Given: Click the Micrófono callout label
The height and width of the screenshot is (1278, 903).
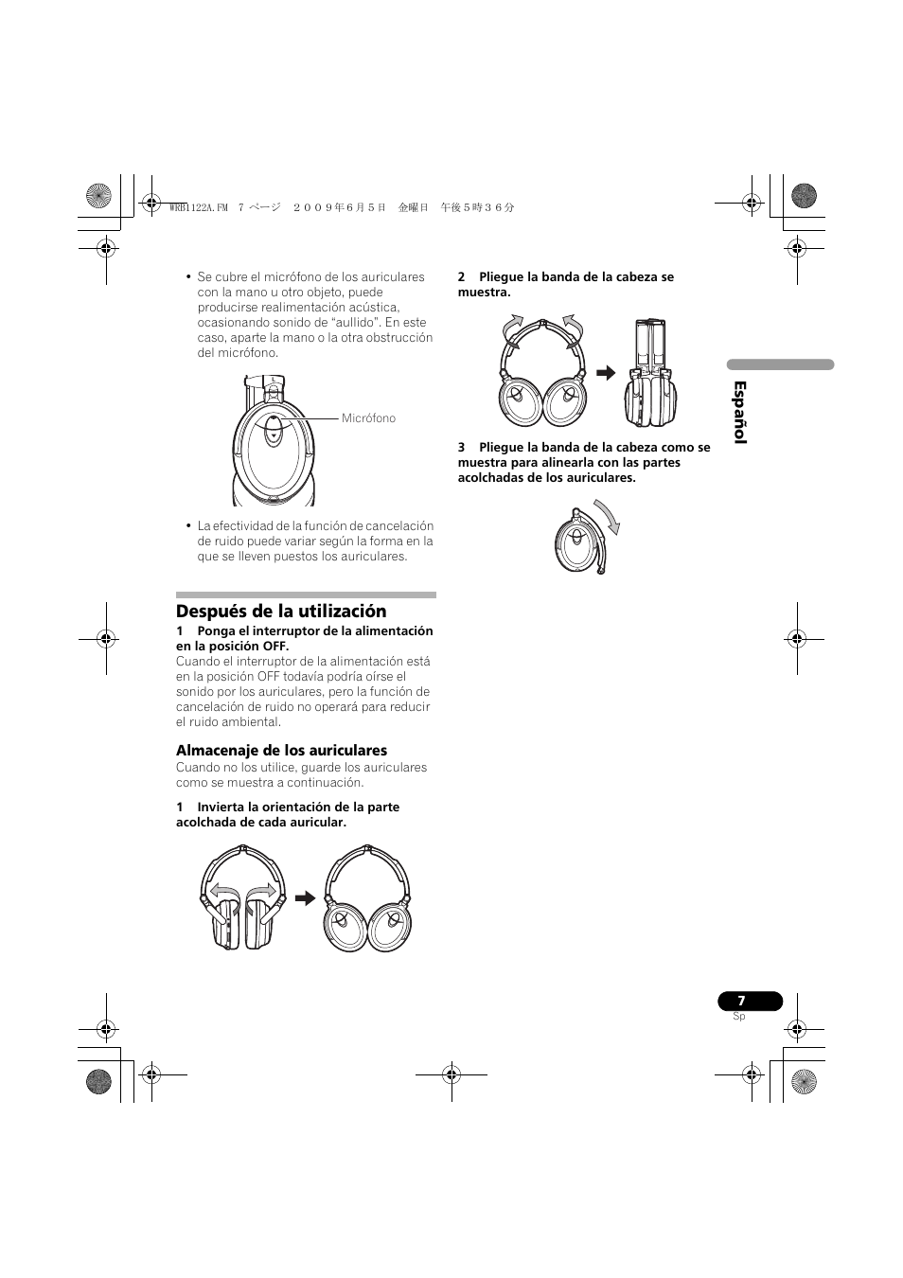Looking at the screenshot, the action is pos(368,418).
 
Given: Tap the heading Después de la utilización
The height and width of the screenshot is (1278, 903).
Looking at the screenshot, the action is pos(281,611).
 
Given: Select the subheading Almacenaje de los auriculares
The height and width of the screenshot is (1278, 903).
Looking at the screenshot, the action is pos(281,751).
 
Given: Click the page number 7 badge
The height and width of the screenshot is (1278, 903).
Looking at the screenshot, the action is pos(750,1000).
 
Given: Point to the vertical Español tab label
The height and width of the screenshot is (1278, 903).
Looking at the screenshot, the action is pos(740,412).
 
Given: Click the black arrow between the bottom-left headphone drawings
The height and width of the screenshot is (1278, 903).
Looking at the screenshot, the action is pos(305,898).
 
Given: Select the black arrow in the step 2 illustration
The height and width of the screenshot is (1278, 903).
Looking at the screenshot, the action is pos(606,373).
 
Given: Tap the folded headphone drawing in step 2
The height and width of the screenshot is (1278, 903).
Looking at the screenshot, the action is pos(651,373).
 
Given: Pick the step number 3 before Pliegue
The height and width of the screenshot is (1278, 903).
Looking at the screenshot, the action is pos(462,447).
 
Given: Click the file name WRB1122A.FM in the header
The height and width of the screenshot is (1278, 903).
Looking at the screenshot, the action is pos(199,207).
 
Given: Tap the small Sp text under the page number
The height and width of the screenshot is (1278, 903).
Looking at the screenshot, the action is pos(738,1016).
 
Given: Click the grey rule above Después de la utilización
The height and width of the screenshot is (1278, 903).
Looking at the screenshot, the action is pos(306,595).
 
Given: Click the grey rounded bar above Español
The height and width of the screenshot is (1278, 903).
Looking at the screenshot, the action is pos(780,364).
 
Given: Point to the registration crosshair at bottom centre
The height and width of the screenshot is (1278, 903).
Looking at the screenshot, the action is pos(451,1074).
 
